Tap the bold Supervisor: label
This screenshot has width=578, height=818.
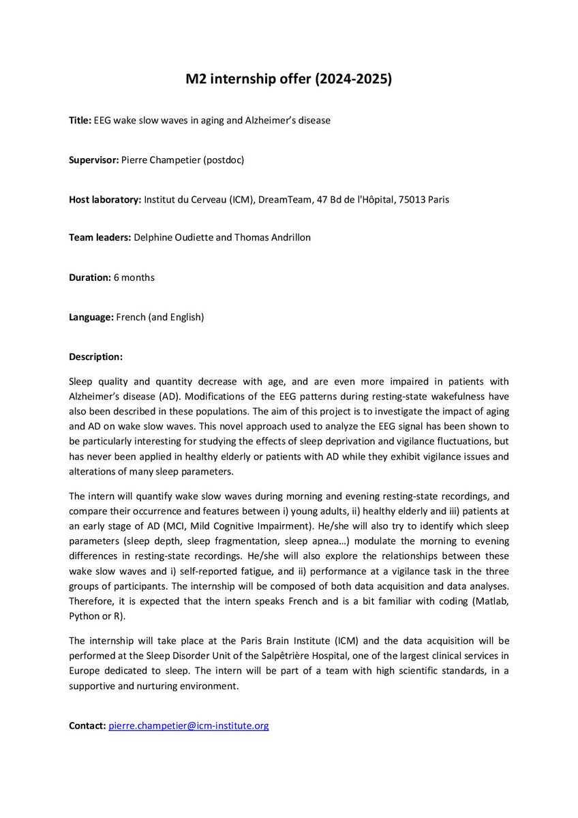(93, 161)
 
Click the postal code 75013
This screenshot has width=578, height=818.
(415, 200)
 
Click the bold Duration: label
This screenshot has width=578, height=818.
(89, 277)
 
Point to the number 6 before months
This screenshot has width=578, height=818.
(115, 277)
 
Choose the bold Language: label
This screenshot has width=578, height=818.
(91, 317)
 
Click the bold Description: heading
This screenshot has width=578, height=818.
(96, 356)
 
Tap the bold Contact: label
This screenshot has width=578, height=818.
(87, 726)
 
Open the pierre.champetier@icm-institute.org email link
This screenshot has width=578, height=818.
(189, 726)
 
